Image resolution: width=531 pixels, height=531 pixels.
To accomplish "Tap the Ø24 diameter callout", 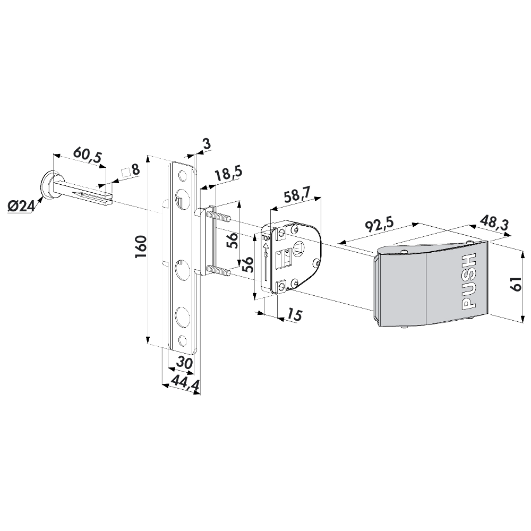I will coord(21,204).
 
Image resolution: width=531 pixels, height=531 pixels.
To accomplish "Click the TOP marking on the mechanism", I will coord(265,239).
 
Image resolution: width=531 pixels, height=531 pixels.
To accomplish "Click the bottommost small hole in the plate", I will coord(184,339).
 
